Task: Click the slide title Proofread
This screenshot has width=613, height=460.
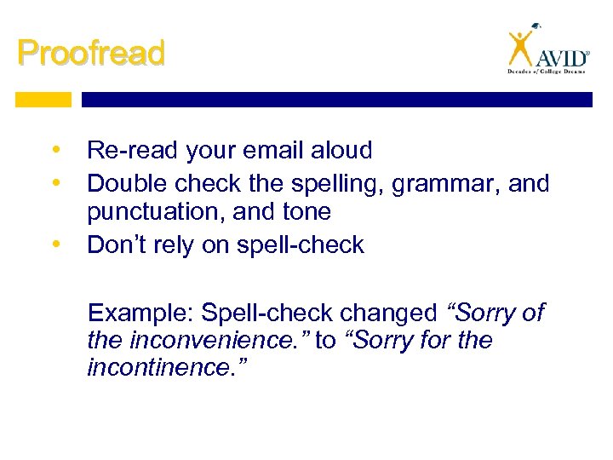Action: click(90, 53)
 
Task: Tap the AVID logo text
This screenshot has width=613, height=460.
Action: click(562, 57)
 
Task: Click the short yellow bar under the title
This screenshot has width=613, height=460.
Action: click(44, 100)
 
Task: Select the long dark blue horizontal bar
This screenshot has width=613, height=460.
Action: click(336, 100)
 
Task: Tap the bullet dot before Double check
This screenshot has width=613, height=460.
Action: click(56, 182)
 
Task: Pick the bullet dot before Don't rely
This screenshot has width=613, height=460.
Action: click(56, 245)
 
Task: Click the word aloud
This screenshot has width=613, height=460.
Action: click(341, 151)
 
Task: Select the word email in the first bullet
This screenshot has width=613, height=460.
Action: click(268, 151)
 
